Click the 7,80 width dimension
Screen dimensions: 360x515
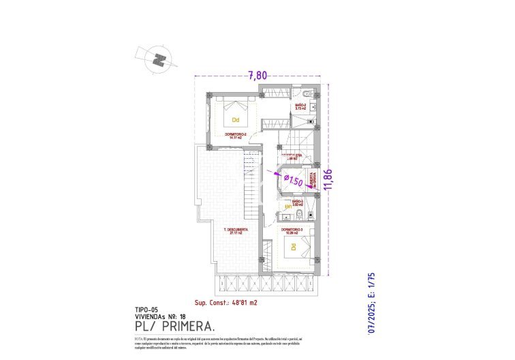click(257, 76)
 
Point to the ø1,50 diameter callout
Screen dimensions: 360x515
click(293, 181)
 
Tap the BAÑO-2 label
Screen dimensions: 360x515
click(300, 106)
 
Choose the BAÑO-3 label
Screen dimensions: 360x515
click(297, 202)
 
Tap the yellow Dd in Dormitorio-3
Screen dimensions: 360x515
click(294, 246)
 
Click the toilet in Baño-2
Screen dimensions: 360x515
click(308, 93)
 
